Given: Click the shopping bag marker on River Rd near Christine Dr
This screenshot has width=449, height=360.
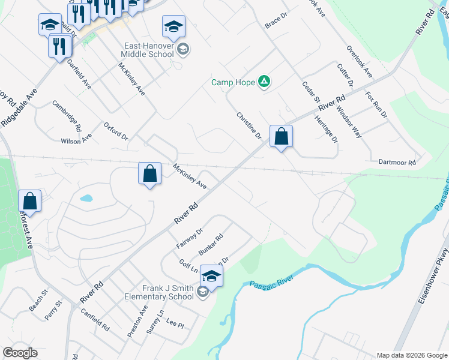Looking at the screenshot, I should [x=281, y=137].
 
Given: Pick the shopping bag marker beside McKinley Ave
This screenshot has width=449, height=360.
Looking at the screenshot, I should [x=150, y=175].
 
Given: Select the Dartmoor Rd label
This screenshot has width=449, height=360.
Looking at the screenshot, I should [x=397, y=163].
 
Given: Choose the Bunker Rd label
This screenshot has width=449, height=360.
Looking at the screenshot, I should [x=211, y=244].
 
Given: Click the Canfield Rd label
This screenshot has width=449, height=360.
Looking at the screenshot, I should [x=95, y=320].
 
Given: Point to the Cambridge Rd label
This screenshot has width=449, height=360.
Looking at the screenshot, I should [x=67, y=116].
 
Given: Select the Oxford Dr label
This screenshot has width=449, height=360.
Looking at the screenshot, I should [x=116, y=132].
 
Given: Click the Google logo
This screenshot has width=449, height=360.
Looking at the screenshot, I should [x=20, y=353].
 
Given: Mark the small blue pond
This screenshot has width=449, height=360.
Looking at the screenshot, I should [x=86, y=198].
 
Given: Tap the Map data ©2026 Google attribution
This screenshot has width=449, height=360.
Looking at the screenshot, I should [x=412, y=355].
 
